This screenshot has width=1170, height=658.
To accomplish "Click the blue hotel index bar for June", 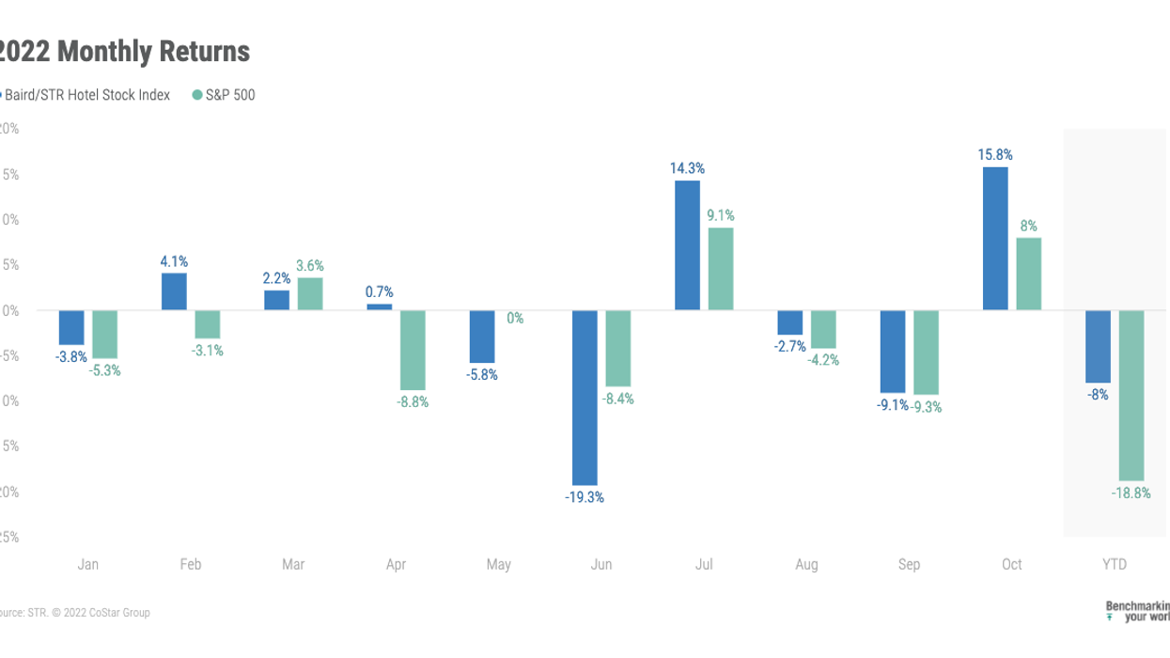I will (585, 398).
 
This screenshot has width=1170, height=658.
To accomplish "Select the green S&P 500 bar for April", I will (413, 350).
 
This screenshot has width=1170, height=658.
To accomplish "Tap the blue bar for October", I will (995, 239).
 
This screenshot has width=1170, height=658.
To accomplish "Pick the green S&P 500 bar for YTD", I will (1131, 395).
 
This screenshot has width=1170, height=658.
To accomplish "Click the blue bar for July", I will (687, 245).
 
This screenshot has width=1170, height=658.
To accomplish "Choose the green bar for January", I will (104, 334).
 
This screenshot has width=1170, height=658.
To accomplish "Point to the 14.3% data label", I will (688, 168).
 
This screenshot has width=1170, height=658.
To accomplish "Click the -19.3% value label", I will (585, 497).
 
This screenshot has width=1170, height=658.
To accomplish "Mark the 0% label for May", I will (515, 319).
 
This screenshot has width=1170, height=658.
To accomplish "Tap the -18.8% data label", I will (1132, 493).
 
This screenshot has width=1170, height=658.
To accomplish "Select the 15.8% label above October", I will (996, 154).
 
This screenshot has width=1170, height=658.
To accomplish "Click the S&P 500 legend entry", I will (224, 95).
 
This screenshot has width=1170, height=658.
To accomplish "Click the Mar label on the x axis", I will (293, 565).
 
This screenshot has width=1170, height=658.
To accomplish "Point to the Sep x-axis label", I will (909, 565).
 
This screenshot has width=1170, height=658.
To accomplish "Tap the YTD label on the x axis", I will (1115, 565).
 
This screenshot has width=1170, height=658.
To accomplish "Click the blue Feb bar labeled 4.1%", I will (174, 291).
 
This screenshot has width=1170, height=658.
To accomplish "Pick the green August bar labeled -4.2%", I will (823, 329).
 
